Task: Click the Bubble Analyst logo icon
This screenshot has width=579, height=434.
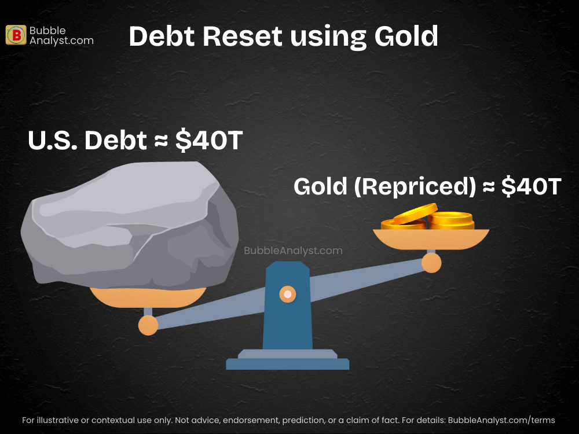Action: click(16, 35)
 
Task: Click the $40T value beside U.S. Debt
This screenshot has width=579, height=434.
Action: click(208, 141)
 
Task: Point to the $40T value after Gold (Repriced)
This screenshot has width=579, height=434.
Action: click(531, 186)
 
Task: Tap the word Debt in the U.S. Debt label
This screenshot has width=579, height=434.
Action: click(115, 141)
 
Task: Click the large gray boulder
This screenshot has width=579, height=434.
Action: click(130, 226)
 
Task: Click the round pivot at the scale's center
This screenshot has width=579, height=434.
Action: click(288, 295)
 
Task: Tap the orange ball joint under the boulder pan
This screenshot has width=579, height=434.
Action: click(148, 325)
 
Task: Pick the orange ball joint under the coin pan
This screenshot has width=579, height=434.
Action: click(431, 263)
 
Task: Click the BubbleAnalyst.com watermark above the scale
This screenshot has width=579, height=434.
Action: click(293, 251)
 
